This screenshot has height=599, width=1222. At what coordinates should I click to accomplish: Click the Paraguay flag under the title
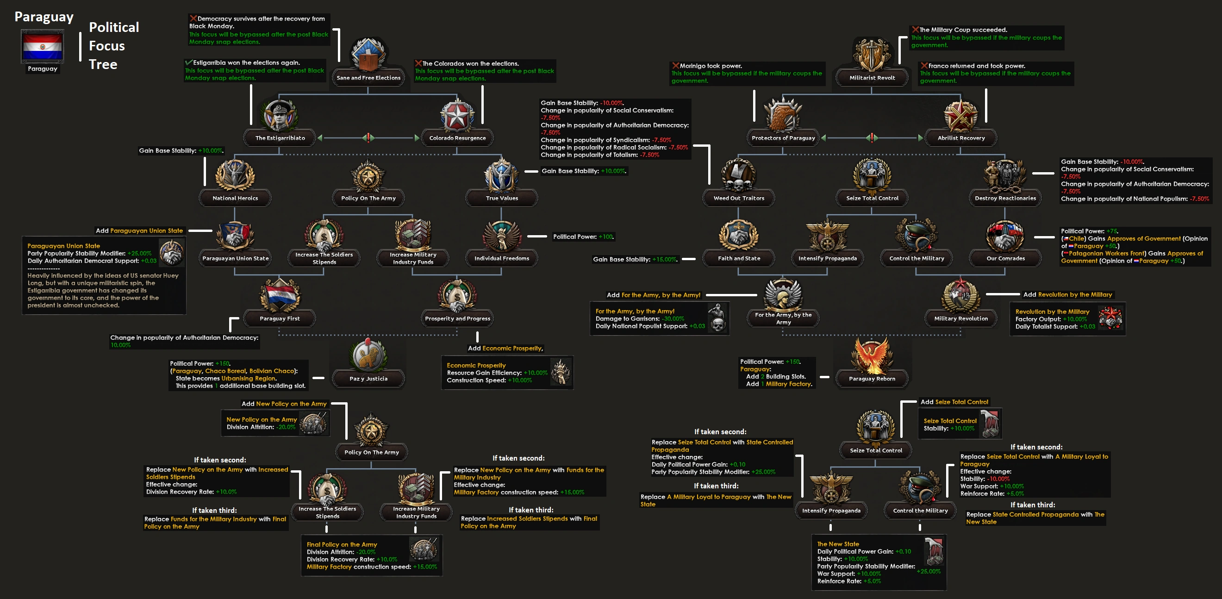[42, 46]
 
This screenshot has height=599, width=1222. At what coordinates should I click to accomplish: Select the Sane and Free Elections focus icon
[368, 55]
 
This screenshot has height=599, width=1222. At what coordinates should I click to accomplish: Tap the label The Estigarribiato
[280, 138]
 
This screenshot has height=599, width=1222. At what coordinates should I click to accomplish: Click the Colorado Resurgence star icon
[457, 115]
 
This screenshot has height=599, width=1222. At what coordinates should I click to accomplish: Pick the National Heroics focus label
[235, 198]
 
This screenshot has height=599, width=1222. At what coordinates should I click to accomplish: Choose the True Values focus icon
[501, 175]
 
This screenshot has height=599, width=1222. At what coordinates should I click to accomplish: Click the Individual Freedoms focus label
[501, 258]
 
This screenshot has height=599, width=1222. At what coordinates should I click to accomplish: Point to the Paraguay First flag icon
[280, 295]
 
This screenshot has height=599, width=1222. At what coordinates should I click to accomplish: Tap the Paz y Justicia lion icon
[368, 356]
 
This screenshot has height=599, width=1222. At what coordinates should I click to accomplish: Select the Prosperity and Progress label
[457, 318]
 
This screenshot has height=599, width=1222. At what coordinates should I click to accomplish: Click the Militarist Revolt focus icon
[872, 55]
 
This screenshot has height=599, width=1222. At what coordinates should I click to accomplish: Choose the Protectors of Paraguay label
[783, 138]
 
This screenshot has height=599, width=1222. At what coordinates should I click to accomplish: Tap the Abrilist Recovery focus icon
[960, 115]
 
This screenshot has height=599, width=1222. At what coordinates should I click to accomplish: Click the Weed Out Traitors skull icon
[739, 175]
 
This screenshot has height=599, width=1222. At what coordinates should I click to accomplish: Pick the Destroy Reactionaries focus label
[1005, 198]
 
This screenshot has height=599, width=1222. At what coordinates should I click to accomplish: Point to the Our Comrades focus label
[1005, 258]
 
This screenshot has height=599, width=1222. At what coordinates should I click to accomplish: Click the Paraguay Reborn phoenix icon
[872, 356]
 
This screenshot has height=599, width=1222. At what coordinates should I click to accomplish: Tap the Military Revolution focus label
[960, 318]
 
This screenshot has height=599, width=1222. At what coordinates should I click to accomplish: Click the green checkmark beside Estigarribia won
[189, 62]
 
